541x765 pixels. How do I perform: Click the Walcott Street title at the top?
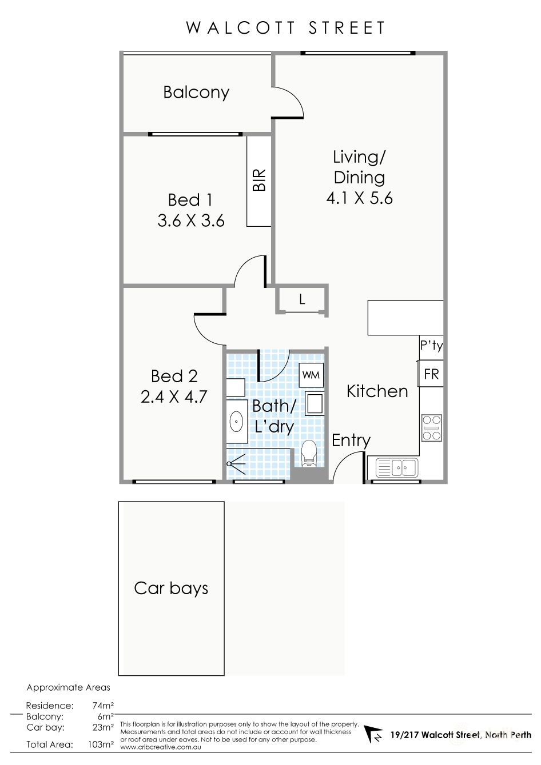click(285, 28)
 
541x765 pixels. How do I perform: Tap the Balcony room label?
click(196, 93)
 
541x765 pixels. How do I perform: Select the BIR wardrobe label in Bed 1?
click(259, 180)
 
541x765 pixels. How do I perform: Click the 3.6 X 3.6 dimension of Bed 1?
click(191, 221)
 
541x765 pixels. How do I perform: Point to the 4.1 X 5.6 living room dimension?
click(359, 198)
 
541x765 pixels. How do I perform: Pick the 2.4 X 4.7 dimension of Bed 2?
click(174, 396)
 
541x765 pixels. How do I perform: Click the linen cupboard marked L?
click(302, 299)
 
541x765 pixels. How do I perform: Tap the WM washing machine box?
click(311, 375)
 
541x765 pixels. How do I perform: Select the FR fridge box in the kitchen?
click(431, 374)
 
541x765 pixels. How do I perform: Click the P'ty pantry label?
click(431, 346)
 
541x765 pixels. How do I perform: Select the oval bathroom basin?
click(236, 423)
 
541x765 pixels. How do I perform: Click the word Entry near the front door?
click(351, 440)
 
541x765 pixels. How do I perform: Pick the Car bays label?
click(171, 588)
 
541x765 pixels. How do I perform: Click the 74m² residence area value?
click(103, 706)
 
